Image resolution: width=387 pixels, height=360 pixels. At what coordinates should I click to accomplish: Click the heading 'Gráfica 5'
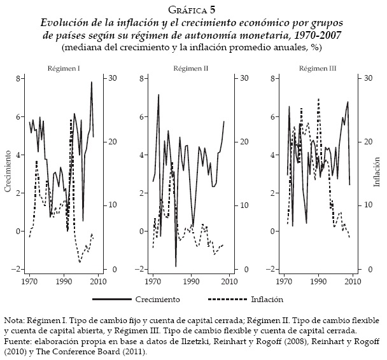coord(193,8)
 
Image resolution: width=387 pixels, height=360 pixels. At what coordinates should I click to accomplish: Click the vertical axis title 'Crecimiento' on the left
coord(8,172)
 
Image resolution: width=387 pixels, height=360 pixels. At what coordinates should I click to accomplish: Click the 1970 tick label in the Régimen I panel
coord(29,280)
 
